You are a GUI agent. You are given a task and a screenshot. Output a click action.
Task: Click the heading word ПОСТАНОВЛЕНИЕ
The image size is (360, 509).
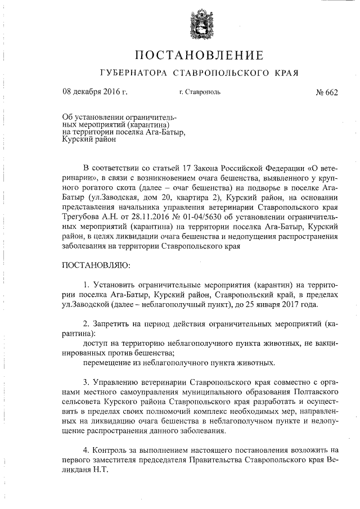point(199,55)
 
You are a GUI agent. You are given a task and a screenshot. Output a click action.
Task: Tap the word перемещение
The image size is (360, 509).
point(107,363)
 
